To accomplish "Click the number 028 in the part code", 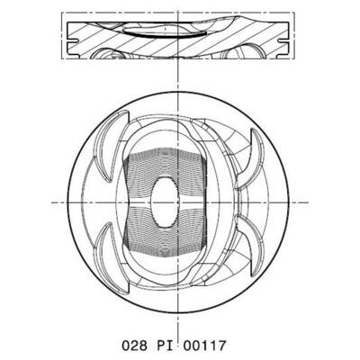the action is pyautogui.click(x=134, y=346).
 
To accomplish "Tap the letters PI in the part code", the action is pyautogui.click(x=166, y=346).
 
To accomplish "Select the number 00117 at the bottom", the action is pyautogui.click(x=204, y=346).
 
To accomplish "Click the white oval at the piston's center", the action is pyautogui.click(x=165, y=202).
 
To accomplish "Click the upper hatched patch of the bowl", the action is pyautogui.click(x=165, y=168).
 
